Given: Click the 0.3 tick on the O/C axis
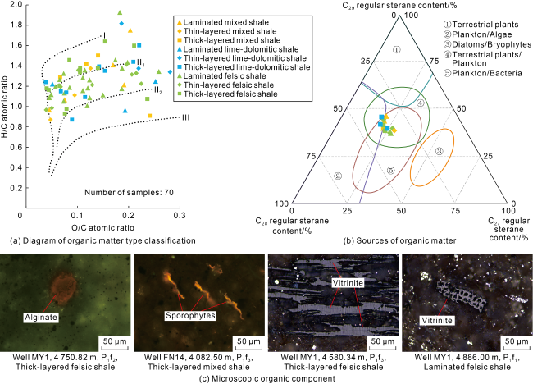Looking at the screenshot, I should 180,213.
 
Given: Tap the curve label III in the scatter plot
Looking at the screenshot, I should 185,117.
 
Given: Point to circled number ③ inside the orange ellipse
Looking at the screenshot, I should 439,151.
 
